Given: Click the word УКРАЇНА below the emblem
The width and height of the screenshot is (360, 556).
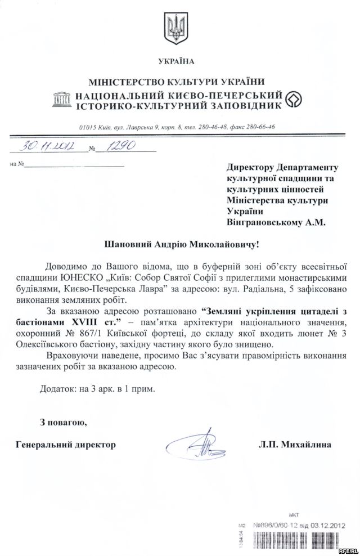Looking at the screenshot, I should (179, 61).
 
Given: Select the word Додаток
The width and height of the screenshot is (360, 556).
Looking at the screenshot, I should (57, 388).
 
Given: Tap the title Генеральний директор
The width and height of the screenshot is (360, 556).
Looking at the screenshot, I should (66, 445).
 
